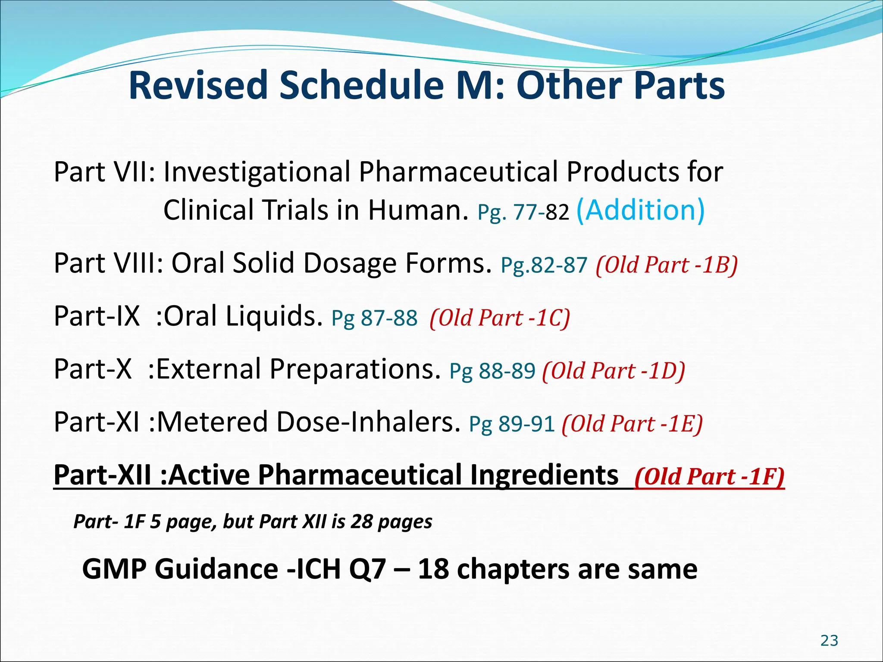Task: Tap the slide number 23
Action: click(829, 641)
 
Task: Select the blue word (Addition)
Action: click(640, 210)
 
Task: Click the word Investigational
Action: click(257, 172)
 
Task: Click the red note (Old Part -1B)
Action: click(667, 265)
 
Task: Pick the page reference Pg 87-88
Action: click(374, 318)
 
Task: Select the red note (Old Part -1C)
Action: click(500, 318)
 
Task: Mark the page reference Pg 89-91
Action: click(512, 424)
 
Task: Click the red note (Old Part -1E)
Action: click(632, 424)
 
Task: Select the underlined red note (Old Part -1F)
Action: click(709, 477)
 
